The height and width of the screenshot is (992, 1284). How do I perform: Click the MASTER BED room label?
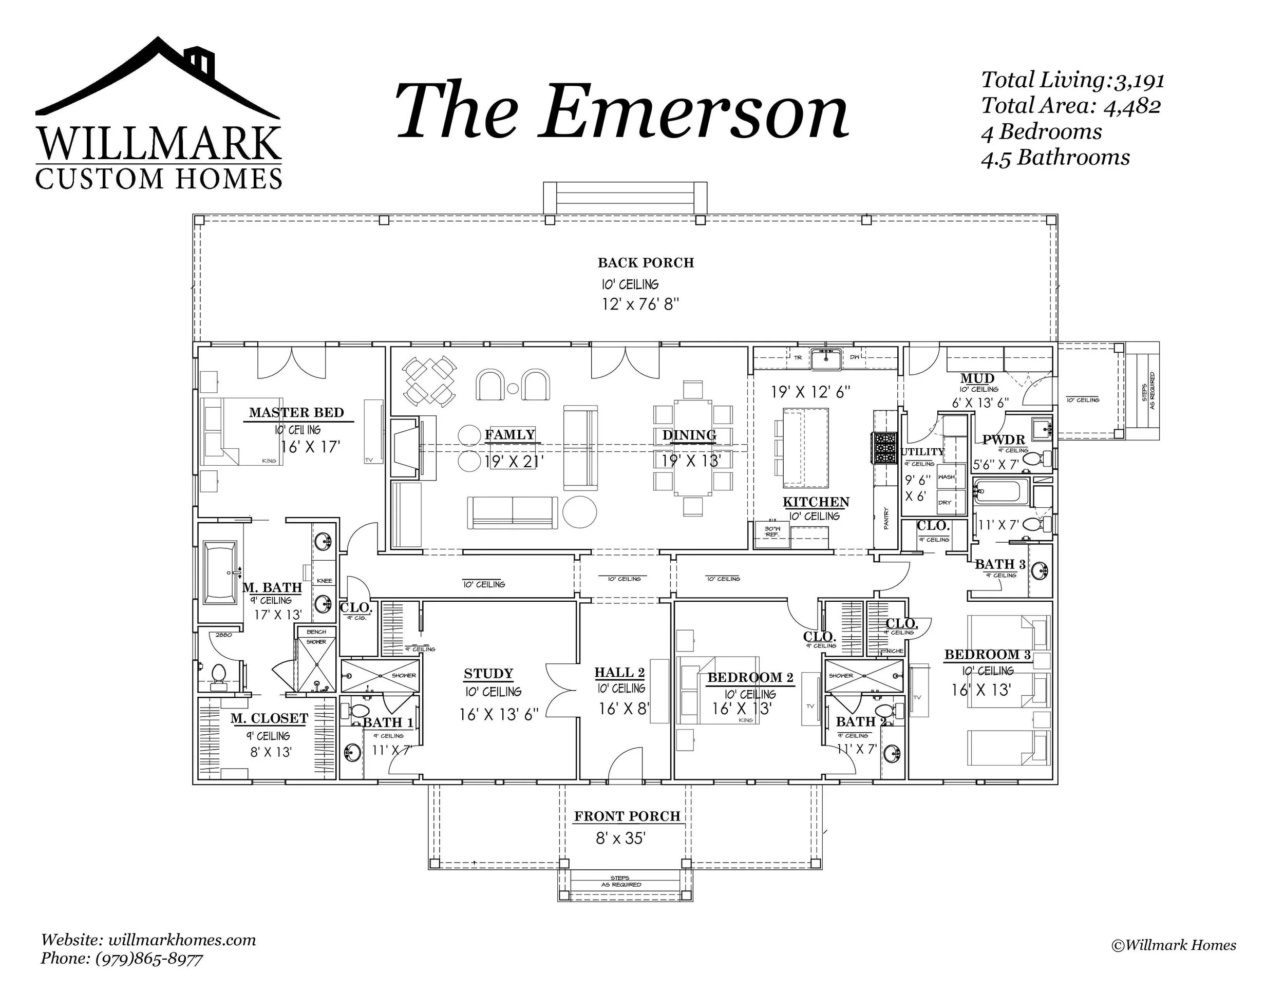[x=296, y=412]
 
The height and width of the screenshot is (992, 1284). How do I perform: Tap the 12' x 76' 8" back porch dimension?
[x=640, y=304]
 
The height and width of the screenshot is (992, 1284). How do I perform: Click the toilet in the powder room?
[x=1041, y=459]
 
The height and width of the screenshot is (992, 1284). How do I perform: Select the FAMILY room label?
[x=509, y=435]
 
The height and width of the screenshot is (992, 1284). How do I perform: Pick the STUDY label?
[x=488, y=674]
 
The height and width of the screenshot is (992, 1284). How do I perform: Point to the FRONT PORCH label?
[x=627, y=816]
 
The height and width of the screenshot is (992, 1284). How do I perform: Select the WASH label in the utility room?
[x=946, y=476]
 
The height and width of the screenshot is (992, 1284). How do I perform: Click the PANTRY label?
[x=886, y=518]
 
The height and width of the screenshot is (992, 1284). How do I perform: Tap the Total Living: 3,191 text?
[x=1072, y=81]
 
